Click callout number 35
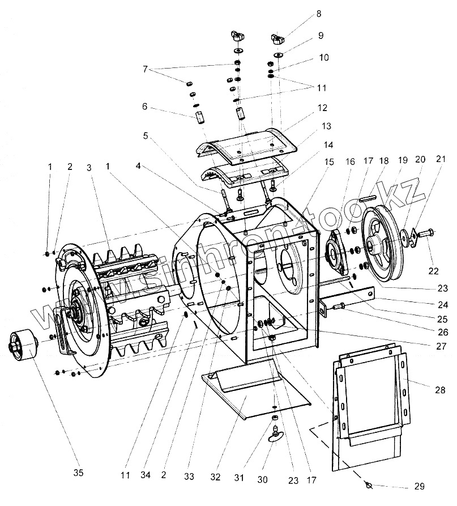click(79, 473)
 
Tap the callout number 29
click(418, 486)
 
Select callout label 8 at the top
click(319, 13)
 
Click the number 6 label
click(144, 107)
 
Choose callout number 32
click(215, 478)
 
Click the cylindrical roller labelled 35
click(22, 345)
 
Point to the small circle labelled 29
click(369, 485)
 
